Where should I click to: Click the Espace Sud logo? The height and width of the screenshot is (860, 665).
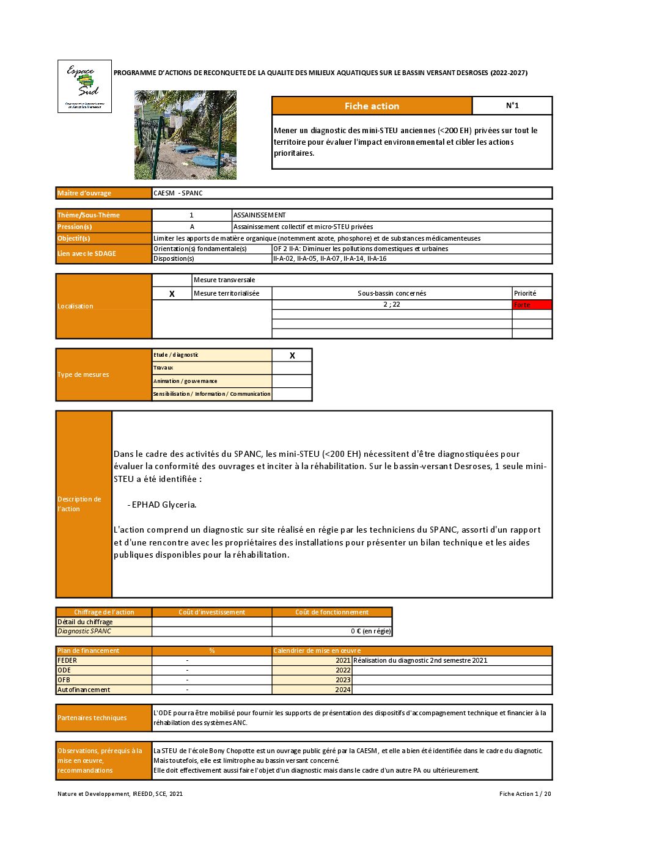84,86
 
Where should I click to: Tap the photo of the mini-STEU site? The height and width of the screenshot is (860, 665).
185,135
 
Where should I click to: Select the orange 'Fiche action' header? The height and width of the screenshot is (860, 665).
372,106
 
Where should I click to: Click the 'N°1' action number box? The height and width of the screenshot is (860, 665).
512,106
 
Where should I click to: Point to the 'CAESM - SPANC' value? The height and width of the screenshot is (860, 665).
178,193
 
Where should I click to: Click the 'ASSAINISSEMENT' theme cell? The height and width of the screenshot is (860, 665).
260,215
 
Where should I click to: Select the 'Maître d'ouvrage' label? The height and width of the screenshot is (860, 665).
84,193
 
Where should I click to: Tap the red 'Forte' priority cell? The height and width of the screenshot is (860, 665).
532,305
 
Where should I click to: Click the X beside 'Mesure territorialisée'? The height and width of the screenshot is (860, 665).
172,294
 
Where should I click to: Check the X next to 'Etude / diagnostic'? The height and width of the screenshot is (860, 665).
292,355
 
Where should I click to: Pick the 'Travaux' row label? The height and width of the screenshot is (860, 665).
163,368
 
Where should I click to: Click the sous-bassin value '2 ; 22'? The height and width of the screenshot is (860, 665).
392,304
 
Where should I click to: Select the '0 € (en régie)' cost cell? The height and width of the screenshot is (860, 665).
370,631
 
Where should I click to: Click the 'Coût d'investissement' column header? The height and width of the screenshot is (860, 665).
211,612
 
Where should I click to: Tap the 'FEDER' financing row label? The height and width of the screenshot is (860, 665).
67,660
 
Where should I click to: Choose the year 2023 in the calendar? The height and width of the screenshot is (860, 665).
343,680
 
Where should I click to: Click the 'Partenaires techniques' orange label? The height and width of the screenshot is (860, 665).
92,718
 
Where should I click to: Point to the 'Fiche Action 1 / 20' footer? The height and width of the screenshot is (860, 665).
524,793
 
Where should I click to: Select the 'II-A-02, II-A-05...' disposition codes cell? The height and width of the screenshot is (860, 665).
330,258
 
